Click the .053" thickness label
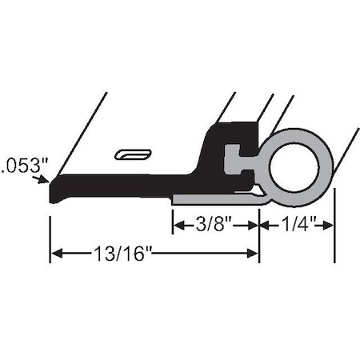pos(24,166)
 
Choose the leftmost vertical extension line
pos(50,232)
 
